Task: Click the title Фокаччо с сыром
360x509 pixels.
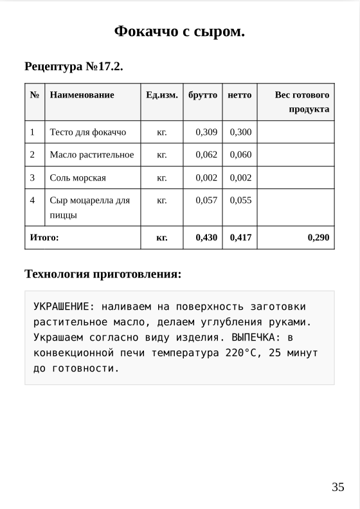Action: point(179,31)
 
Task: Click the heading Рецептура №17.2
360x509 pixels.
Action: point(73,66)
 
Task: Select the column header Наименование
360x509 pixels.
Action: point(82,95)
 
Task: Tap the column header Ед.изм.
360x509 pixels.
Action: point(161,95)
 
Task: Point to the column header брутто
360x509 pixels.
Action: point(203,95)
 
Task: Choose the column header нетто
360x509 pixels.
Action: point(240,95)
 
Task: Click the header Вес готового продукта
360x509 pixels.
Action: point(302,102)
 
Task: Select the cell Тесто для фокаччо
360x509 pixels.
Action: point(88,132)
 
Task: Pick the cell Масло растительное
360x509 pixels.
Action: point(92,155)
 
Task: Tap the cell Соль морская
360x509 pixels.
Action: point(78,178)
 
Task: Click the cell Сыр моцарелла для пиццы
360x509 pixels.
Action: point(89,208)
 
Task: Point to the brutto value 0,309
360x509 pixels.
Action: point(206,132)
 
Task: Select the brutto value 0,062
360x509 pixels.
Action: point(206,155)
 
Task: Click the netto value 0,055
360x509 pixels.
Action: point(240,201)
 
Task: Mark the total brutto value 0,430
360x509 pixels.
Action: point(206,238)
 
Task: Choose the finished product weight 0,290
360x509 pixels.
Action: point(318,238)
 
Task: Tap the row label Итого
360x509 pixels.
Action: point(44,238)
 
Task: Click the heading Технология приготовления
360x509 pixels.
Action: point(103,274)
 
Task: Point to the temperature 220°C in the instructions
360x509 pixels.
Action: point(242,353)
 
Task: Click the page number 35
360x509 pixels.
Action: point(338,487)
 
